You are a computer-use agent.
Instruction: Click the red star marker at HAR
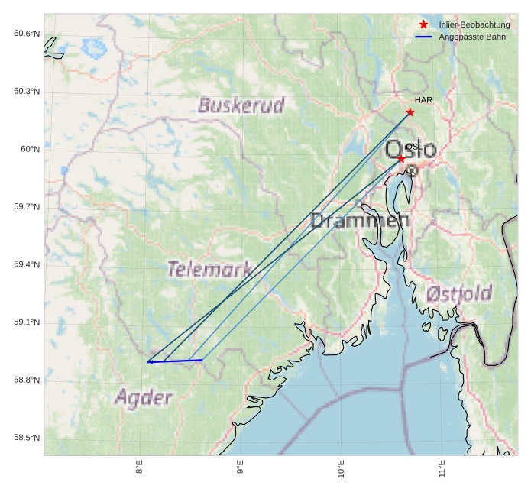pyautogui.click(x=410, y=112)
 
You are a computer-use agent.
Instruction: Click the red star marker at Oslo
pyautogui.click(x=401, y=159)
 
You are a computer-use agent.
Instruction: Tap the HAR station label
pyautogui.click(x=423, y=100)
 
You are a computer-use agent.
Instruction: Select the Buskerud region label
pyautogui.click(x=241, y=105)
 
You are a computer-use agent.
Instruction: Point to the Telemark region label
pyautogui.click(x=209, y=269)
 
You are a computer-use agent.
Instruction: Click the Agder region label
pyautogui.click(x=143, y=397)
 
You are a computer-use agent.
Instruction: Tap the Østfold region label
pyautogui.click(x=458, y=293)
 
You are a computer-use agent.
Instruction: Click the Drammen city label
pyautogui.click(x=360, y=222)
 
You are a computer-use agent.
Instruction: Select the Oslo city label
pyautogui.click(x=411, y=150)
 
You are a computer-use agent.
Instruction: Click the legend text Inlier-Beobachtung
pyautogui.click(x=474, y=25)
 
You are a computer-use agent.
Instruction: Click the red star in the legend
pyautogui.click(x=424, y=24)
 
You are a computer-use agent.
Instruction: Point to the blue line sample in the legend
pyautogui.click(x=424, y=37)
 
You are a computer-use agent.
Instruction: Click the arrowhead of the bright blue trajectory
pyautogui.click(x=149, y=362)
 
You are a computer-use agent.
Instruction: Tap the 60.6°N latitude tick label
pyautogui.click(x=27, y=34)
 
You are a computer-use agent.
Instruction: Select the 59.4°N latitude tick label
pyautogui.click(x=27, y=265)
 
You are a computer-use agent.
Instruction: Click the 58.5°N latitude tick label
pyautogui.click(x=27, y=439)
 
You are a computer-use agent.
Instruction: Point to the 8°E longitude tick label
pyautogui.click(x=140, y=468)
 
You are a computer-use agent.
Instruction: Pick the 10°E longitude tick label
pyautogui.click(x=341, y=470)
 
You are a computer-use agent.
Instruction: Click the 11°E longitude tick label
pyautogui.click(x=442, y=470)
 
